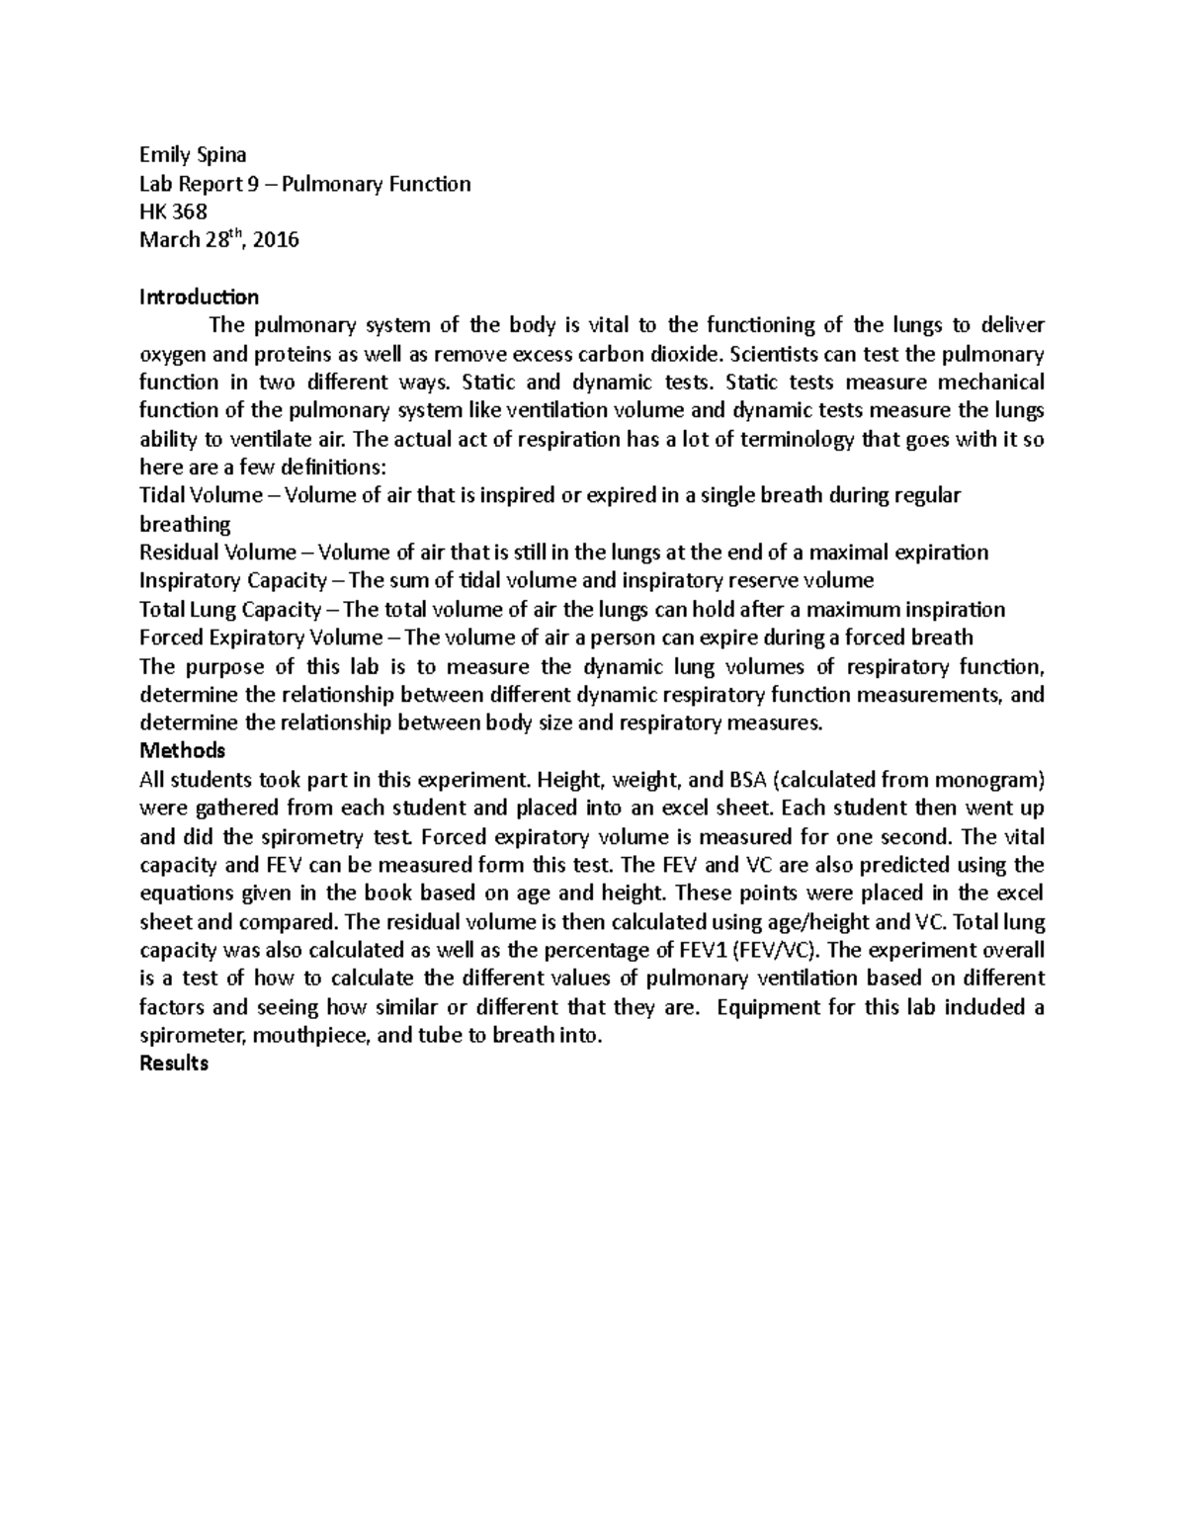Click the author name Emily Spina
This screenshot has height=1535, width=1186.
tap(193, 154)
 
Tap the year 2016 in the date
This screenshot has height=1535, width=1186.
tap(276, 239)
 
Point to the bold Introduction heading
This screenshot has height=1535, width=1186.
tap(199, 297)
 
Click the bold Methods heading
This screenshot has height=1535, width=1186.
tap(183, 750)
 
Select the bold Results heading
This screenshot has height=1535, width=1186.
tap(174, 1064)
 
